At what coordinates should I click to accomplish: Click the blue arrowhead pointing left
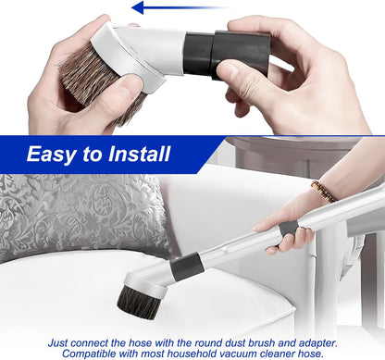coord(137,7)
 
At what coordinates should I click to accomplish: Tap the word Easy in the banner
coord(51,155)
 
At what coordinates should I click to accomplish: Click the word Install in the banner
coord(139,154)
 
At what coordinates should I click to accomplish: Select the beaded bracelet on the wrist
coord(323,191)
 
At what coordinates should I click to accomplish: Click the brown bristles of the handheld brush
coord(93,81)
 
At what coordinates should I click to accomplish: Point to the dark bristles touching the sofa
coord(138,303)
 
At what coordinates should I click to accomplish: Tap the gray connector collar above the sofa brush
coord(187,267)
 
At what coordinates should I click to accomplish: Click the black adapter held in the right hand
coord(229,54)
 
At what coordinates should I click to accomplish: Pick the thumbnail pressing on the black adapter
coord(228,71)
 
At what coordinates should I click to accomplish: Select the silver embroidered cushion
coord(81,215)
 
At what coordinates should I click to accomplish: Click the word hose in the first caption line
coord(141,342)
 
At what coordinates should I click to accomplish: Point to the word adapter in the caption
coord(317,343)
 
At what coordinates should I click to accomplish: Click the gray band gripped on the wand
coord(288,229)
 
